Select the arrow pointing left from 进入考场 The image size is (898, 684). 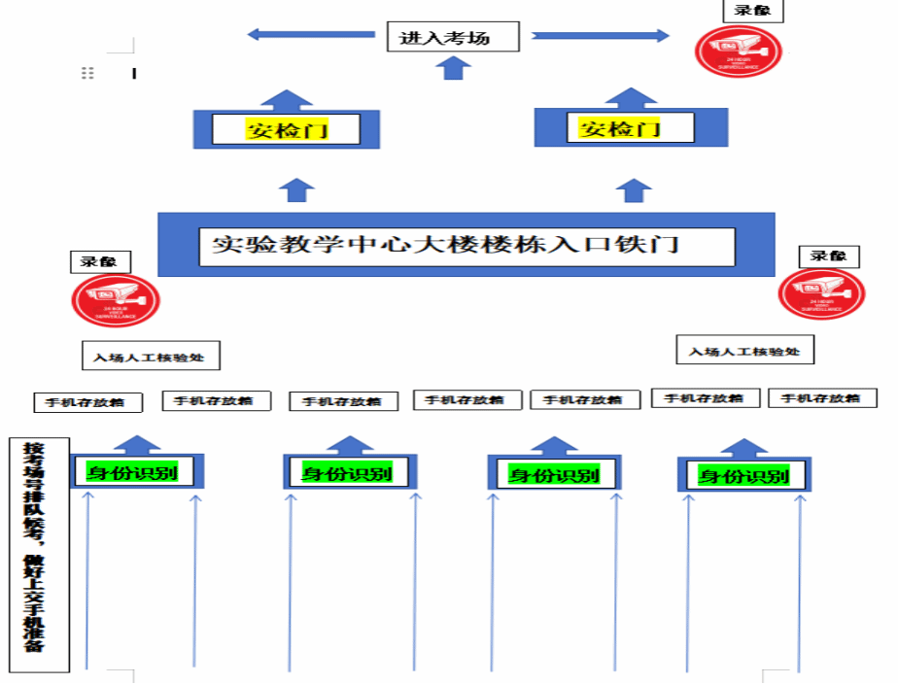coord(310,34)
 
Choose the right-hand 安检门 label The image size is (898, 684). coord(620,127)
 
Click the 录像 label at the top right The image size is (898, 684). coord(753,11)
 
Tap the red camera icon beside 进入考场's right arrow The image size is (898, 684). coord(738,50)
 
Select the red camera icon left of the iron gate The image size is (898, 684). coord(115,299)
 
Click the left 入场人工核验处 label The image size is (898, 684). coord(150,358)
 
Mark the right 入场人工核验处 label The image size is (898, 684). coord(744,351)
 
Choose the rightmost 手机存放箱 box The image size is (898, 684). coord(822,397)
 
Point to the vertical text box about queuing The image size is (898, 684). coord(36,554)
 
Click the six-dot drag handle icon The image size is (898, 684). coord(87,73)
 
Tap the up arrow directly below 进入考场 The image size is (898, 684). coord(453,67)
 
